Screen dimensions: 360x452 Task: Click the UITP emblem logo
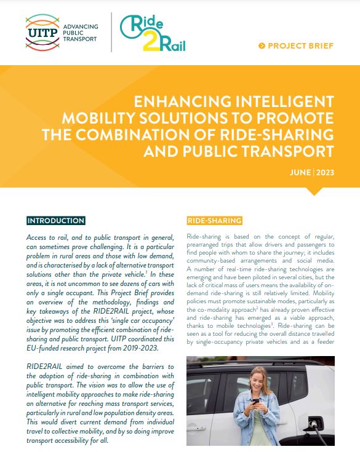[42, 31]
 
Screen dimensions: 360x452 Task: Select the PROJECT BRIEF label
[302, 46]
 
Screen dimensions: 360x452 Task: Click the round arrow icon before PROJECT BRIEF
[263, 46]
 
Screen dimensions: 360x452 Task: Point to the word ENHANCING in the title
[180, 100]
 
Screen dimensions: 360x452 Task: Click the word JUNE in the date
[300, 172]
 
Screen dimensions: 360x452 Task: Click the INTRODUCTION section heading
[55, 221]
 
